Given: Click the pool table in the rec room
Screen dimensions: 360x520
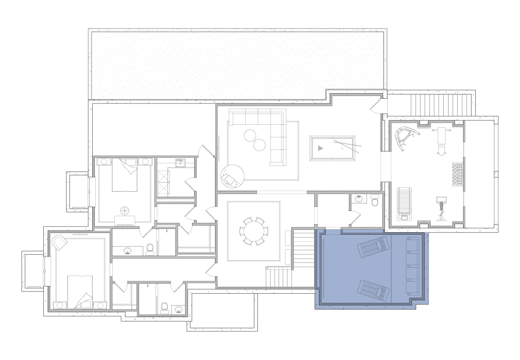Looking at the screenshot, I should [x=332, y=148].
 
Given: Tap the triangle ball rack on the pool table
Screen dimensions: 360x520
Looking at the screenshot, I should [x=320, y=148].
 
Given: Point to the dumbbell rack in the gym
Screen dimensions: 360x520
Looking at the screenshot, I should [x=458, y=174].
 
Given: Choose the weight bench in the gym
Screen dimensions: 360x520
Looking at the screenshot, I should [x=441, y=139].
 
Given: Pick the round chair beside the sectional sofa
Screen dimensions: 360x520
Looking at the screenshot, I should [x=233, y=176].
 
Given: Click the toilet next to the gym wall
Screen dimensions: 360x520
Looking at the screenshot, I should [x=375, y=201].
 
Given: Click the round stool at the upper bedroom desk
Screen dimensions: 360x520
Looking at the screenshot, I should [x=125, y=211].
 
